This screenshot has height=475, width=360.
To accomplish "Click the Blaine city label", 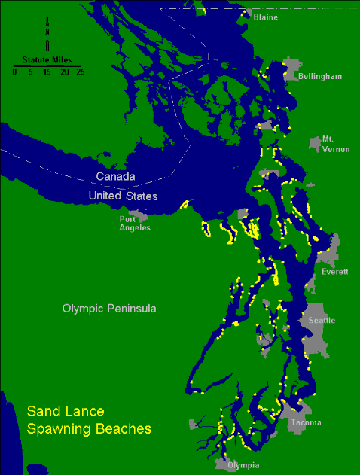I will click(x=265, y=17).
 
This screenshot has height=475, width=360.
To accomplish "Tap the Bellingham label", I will click(x=319, y=77).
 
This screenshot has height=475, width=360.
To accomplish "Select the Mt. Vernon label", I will click(x=336, y=144).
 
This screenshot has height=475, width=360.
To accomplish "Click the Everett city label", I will click(x=334, y=272).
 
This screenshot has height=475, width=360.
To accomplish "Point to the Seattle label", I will click(x=322, y=321).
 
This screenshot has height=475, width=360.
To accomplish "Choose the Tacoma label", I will click(x=306, y=422).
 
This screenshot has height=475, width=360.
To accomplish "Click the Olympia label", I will click(x=243, y=465).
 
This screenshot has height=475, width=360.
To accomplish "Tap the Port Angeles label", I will click(x=135, y=223).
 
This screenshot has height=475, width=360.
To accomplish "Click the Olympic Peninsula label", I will click(x=104, y=309).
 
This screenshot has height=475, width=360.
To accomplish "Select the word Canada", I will click(x=115, y=177).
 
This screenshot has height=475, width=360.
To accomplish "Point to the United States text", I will click(x=123, y=196).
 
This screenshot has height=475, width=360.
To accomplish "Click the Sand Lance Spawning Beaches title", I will click(x=89, y=420).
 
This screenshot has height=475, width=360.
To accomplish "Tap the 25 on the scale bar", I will click(x=80, y=72).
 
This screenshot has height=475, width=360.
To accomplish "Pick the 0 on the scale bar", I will click(x=14, y=72).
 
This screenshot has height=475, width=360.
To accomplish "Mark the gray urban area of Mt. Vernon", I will click(x=315, y=142).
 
